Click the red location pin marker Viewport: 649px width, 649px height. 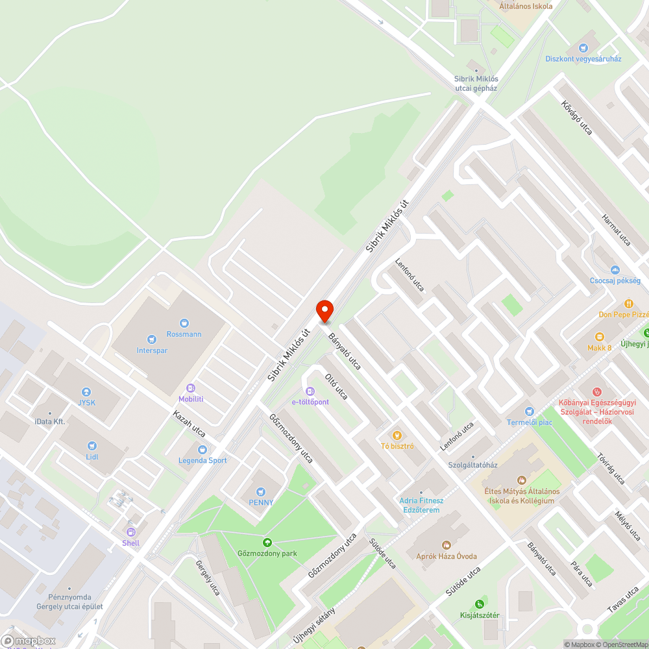pyautogui.click(x=324, y=310)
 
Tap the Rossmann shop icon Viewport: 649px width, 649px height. pyautogui.click(x=185, y=323)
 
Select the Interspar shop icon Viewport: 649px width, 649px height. pyautogui.click(x=151, y=339)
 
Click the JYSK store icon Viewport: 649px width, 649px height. pyautogui.click(x=86, y=392)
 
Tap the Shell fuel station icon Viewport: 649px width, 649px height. pyautogui.click(x=130, y=532)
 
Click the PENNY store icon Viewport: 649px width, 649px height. pyautogui.click(x=261, y=492)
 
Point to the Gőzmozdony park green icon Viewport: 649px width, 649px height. pyautogui.click(x=266, y=542)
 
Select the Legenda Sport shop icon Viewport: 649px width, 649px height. pyautogui.click(x=202, y=449)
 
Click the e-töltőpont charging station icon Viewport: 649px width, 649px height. pyautogui.click(x=310, y=391)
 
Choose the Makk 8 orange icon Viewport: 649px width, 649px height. pyautogui.click(x=599, y=337)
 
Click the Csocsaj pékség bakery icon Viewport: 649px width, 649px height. pyautogui.click(x=615, y=270)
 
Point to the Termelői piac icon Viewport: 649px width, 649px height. pyautogui.click(x=530, y=411)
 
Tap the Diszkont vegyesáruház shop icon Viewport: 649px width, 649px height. pyautogui.click(x=583, y=47)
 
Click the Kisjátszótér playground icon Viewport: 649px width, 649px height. pyautogui.click(x=480, y=604)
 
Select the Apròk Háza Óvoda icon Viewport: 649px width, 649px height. pyautogui.click(x=446, y=545)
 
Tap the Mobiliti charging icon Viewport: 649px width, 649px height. pyautogui.click(x=191, y=388)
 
